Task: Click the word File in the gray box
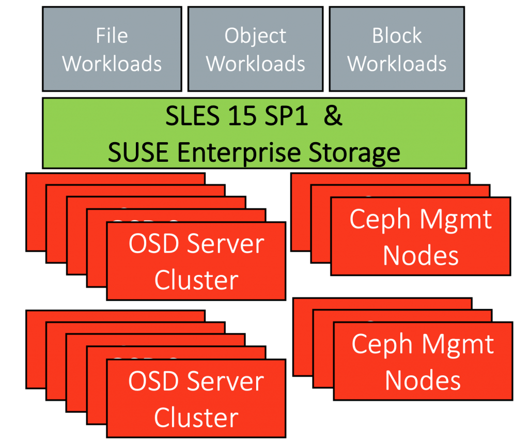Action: (112, 36)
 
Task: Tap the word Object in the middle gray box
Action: (255, 36)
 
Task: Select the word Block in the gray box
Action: (397, 36)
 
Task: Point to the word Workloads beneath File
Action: (112, 64)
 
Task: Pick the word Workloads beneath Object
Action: (255, 64)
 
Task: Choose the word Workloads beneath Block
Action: (397, 64)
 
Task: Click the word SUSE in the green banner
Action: (136, 152)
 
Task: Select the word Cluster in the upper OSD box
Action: (196, 281)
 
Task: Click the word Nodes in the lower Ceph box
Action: (423, 381)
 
